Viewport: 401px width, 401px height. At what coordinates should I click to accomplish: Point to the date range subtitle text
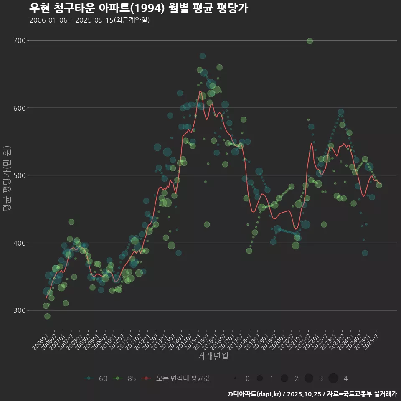(89, 20)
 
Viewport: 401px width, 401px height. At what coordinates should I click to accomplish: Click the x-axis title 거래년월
(213, 356)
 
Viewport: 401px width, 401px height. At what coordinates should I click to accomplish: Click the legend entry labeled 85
(124, 378)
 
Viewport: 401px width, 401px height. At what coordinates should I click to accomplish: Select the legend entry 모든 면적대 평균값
(175, 378)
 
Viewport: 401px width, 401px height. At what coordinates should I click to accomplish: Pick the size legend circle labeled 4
(333, 378)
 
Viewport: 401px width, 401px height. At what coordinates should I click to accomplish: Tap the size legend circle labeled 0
(235, 378)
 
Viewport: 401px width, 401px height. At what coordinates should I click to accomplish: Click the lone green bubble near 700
(310, 41)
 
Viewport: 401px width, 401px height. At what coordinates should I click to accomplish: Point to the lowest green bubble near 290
(47, 316)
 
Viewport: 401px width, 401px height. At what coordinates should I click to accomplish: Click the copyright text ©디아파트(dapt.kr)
(254, 394)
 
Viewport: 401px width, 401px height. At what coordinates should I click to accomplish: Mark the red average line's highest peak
(200, 91)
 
